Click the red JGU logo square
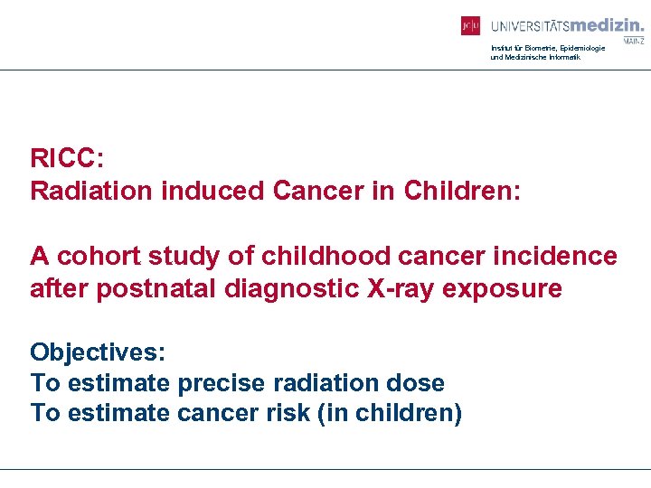[470, 26]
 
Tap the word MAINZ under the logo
[633, 42]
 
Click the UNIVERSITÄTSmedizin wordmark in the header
[567, 25]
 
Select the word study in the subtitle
[187, 256]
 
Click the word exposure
[514, 288]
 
